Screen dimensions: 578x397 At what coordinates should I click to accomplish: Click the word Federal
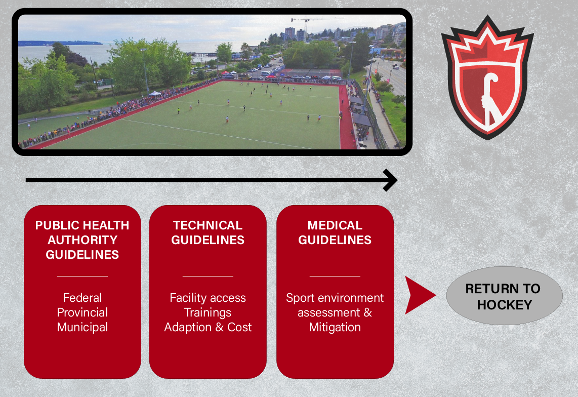point(82,297)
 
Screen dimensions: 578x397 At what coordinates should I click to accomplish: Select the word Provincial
point(82,312)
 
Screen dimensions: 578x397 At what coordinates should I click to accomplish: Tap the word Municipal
point(82,327)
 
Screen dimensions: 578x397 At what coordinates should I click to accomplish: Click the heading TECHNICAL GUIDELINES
point(208,232)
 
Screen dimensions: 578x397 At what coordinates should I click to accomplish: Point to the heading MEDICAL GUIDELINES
point(335,232)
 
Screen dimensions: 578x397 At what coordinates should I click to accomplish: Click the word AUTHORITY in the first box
point(82,240)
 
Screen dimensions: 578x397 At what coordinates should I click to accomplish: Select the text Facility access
point(208,298)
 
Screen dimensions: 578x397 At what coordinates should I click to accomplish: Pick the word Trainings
point(208,312)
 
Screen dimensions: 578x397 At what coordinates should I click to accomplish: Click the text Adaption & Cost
point(208,327)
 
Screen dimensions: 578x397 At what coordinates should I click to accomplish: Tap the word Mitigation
point(335,327)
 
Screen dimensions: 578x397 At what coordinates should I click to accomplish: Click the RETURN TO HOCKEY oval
point(504,296)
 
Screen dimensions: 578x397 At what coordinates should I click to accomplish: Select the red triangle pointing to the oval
point(419,295)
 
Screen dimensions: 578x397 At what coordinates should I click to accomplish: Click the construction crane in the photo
point(306,25)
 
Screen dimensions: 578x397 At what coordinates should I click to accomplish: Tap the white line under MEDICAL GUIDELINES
point(335,275)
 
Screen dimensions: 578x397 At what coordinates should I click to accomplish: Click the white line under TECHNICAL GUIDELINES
point(208,275)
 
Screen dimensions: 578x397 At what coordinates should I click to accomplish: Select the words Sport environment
point(335,298)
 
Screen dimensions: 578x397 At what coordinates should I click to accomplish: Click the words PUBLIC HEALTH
point(82,225)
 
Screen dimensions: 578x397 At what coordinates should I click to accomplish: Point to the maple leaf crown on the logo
point(487,43)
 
